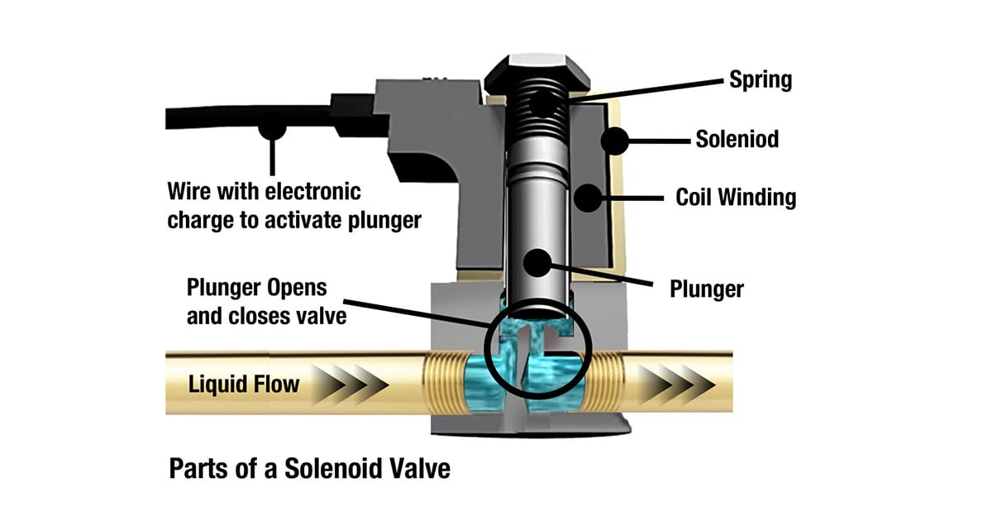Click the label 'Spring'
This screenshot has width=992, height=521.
(760, 79)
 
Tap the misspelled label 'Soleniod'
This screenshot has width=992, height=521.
(737, 139)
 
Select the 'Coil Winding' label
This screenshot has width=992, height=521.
(736, 198)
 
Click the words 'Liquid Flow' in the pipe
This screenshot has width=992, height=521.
(245, 384)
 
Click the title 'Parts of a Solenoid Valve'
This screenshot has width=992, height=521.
(309, 469)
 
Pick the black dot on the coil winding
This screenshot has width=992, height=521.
(588, 198)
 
